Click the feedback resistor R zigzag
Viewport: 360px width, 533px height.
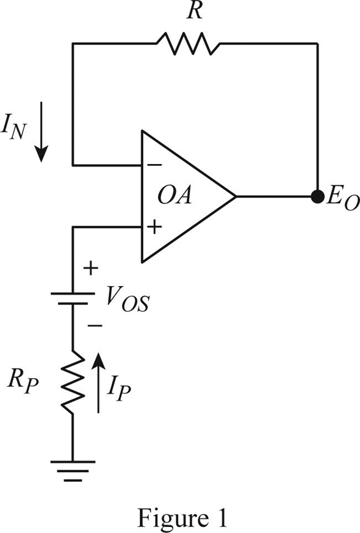[x=188, y=43]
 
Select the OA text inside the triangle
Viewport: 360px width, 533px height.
[x=175, y=196]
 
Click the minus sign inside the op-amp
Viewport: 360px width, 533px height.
[x=155, y=165]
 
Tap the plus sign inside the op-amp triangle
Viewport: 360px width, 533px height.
[x=155, y=227]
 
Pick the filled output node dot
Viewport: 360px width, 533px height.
[x=318, y=196]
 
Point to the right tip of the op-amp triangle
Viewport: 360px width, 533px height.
[x=236, y=196]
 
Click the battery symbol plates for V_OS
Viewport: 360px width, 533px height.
[x=73, y=298]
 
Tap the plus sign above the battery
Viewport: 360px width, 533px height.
[x=90, y=268]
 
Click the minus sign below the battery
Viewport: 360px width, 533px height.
[x=95, y=326]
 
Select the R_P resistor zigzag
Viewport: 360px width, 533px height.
[x=73, y=382]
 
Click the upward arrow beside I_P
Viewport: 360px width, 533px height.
[x=99, y=383]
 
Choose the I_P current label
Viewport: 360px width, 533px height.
[x=119, y=390]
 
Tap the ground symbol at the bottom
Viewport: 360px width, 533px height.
[x=73, y=471]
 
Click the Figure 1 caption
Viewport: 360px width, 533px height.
[x=182, y=518]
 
